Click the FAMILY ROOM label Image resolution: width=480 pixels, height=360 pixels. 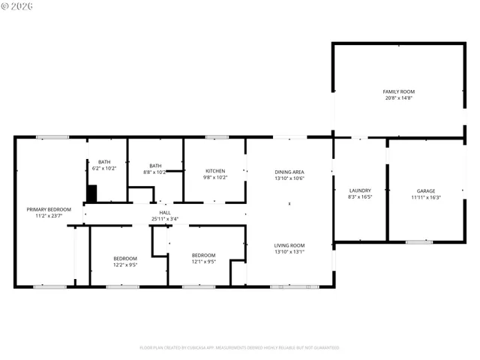point(399,91)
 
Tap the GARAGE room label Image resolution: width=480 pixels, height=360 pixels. point(425,191)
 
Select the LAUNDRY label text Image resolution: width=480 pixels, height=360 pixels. point(359,191)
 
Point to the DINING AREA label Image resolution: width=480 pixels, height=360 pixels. point(289,172)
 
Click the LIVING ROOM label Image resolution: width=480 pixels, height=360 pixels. point(289,245)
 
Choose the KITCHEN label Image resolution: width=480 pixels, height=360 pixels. point(215,171)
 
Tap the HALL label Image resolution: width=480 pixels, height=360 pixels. point(165,213)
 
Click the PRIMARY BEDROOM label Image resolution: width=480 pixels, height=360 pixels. point(49,209)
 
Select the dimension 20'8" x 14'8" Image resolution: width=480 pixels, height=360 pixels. point(399,98)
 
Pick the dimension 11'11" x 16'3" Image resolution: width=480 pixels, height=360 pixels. point(425,198)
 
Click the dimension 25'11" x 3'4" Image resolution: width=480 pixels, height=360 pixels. point(165,219)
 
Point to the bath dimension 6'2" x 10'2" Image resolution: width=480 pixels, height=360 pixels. point(105,169)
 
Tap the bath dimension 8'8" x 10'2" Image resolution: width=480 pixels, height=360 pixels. point(155,172)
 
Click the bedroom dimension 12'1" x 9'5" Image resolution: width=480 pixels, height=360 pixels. point(203,262)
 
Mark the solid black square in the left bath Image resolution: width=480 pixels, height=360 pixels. point(92,193)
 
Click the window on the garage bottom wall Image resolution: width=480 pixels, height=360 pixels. point(418,241)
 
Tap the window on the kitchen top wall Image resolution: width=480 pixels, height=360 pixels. point(217,137)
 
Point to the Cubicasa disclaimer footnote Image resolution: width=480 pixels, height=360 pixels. point(239,348)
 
